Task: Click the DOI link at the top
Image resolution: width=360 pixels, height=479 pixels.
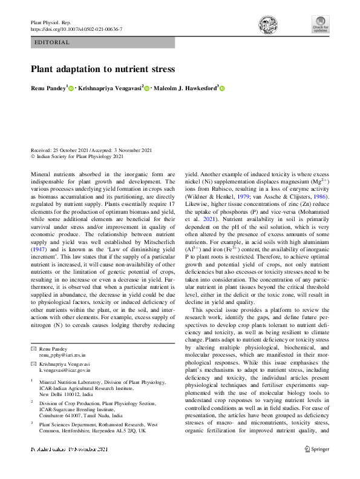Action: click(76, 29)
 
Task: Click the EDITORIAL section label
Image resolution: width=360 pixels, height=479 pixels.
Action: click(53, 42)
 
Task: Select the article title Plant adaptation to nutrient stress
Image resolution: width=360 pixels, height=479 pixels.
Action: click(103, 69)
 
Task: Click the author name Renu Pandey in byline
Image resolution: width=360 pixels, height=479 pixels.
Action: click(48, 88)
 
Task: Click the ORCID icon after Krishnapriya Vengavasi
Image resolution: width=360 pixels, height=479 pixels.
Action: click(146, 88)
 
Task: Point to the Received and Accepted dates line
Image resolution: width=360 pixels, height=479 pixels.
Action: click(91, 150)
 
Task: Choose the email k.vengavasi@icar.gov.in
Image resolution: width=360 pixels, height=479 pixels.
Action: click(65, 368)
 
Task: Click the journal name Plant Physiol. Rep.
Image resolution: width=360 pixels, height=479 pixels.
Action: click(50, 22)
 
